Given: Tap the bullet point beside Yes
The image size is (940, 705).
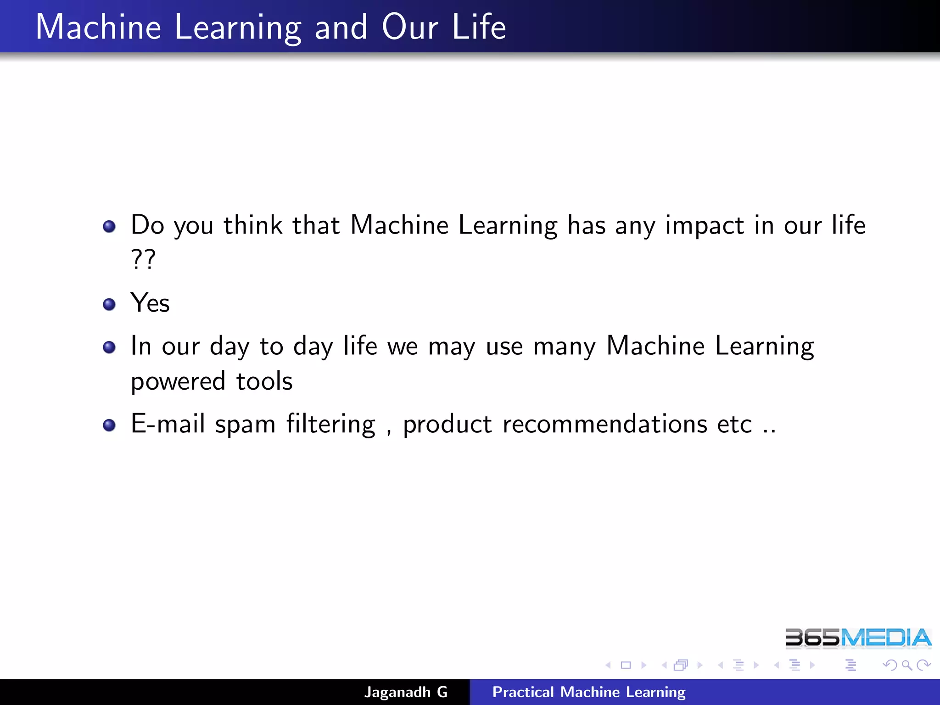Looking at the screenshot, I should point(109,304).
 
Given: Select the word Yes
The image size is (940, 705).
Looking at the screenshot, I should point(150,303).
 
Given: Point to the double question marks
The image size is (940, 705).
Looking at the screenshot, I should point(143,259).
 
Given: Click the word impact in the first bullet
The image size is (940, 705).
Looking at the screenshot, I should point(704,226).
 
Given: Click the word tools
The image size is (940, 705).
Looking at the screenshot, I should point(264,381).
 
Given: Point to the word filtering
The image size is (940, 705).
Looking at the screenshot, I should point(331,424).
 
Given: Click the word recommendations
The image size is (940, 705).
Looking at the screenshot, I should point(604,424).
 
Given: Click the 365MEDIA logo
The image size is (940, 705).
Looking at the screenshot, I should point(858,638).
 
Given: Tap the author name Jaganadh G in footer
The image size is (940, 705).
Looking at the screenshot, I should point(406,692).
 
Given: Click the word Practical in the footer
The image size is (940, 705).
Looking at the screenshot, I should point(523,692).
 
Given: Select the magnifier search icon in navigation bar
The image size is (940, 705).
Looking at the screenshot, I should point(906,665).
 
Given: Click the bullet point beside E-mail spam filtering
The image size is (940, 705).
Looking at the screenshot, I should point(109,425).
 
